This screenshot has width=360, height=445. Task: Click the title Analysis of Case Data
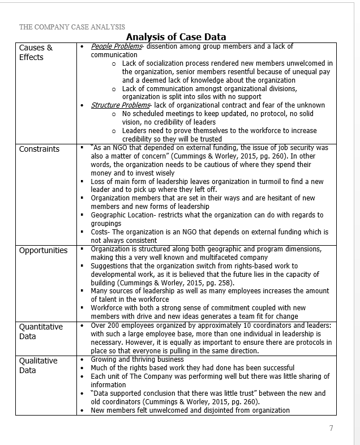coord(176,37)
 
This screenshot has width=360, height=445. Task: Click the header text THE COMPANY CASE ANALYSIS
coord(72,27)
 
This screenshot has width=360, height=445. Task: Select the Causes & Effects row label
coord(36,53)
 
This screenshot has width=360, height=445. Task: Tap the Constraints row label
coord(39,149)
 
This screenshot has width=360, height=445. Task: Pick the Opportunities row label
coord(43,250)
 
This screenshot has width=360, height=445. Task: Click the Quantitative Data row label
coord(41,331)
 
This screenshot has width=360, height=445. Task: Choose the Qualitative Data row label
coord(38,365)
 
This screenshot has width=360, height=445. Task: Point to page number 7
coord(331,428)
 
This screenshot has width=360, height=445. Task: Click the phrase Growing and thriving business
coord(137,360)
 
